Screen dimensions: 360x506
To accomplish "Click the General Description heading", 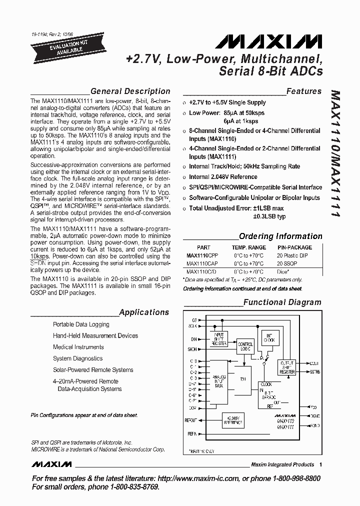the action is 130,91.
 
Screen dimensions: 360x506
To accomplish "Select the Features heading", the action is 304,91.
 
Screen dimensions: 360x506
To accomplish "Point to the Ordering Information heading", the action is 280,236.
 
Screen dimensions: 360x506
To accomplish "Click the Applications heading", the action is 144,312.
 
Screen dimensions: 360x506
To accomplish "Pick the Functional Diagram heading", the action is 282,302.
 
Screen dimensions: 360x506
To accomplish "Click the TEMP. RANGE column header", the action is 249,247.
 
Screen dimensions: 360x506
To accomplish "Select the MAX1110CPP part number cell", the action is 201,255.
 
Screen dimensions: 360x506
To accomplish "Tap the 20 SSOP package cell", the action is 287,263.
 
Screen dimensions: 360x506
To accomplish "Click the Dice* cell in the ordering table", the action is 283,271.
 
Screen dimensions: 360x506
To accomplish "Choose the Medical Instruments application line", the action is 78,347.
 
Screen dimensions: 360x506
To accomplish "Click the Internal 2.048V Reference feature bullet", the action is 223,177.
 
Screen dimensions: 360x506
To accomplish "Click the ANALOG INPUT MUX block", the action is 219,382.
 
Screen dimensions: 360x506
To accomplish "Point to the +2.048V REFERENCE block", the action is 233,421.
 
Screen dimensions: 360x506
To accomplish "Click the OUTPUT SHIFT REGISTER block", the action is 287,367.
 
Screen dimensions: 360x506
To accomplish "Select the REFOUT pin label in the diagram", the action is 191,420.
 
